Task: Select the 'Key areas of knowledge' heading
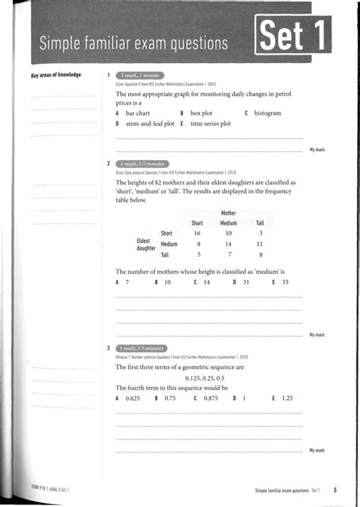tap(55, 75)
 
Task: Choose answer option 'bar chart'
tap(137, 113)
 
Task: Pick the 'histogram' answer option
tap(267, 113)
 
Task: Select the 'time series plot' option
tap(210, 123)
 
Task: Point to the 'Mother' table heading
tap(229, 213)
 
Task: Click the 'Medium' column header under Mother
tap(229, 223)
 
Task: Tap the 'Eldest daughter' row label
tap(147, 244)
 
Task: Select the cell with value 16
tap(197, 233)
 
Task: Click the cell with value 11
tap(260, 244)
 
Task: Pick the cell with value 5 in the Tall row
tap(197, 255)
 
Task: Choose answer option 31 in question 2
tap(245, 282)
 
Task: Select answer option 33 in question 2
tap(285, 282)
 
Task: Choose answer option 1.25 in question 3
tap(286, 398)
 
